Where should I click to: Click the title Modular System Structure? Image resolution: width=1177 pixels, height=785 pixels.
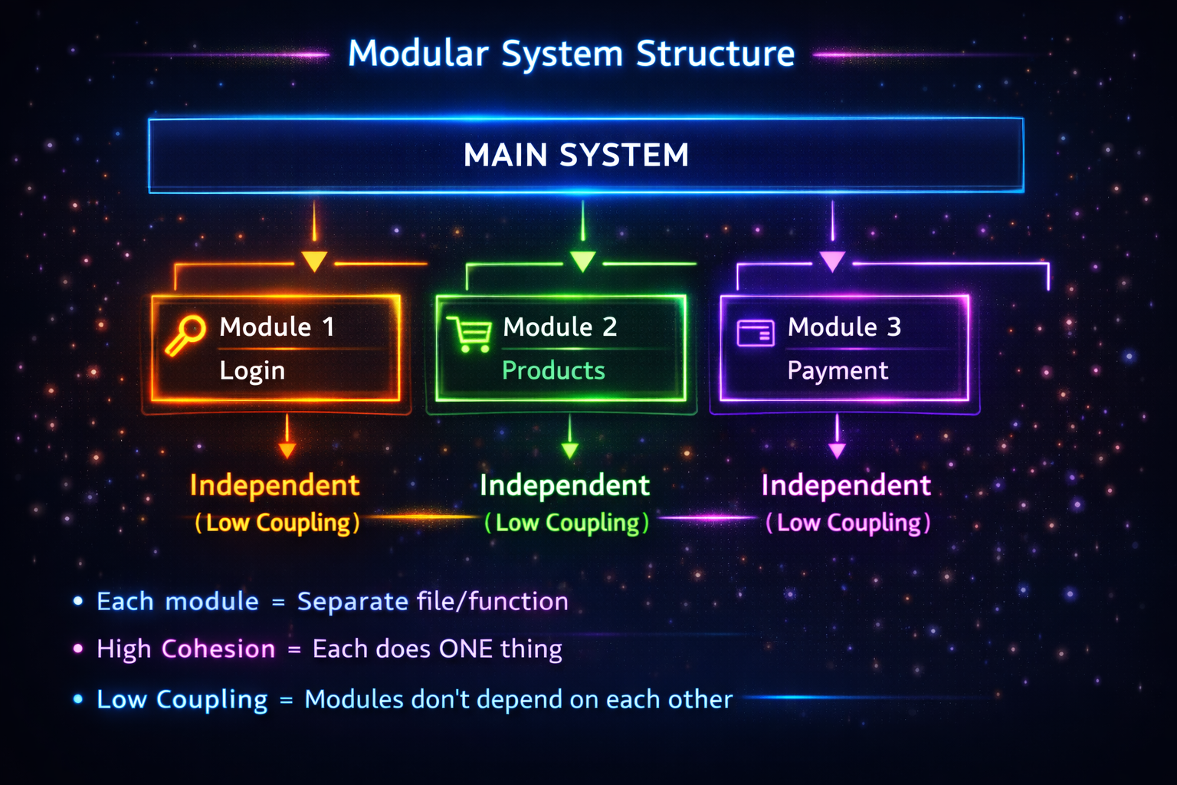pos(571,54)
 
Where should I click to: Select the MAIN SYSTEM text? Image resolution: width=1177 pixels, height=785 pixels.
pos(576,155)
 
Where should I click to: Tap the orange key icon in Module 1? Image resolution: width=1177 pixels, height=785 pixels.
pos(185,336)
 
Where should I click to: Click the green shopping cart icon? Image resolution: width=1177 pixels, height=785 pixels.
pos(469,334)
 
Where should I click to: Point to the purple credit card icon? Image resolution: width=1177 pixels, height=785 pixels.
pos(756,333)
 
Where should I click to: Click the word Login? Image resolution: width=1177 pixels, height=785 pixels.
pos(252,371)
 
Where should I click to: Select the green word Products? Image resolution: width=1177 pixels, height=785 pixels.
pos(553,371)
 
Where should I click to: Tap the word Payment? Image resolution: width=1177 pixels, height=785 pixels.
pos(838,371)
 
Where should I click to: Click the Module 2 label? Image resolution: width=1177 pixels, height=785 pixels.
pos(559,327)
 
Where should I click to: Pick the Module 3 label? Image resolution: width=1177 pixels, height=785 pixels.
pos(844,327)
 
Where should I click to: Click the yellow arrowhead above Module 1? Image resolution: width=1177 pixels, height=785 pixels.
pos(314,261)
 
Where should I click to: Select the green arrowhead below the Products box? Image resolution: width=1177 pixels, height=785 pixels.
pos(570,450)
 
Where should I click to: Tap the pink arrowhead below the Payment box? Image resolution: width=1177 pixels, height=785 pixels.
pos(837,451)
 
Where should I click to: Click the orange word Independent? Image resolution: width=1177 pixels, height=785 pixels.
pos(275,485)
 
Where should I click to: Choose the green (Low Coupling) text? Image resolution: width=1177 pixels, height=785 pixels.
pos(567,523)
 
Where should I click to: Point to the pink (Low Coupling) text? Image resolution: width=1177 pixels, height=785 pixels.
pos(848,523)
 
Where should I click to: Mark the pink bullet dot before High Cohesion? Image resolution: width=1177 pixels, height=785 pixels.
pos(78,649)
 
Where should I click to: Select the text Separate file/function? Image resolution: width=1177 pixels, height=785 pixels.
pos(432,601)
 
